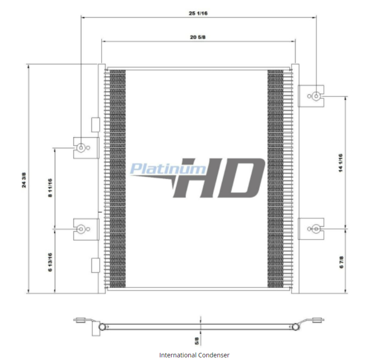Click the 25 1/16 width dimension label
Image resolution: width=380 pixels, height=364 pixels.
198,13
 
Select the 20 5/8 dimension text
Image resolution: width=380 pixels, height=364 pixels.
198,37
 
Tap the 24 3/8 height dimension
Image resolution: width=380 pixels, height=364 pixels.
24,180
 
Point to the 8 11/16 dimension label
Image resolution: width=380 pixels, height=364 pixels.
50,187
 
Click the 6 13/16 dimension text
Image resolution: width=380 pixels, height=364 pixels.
50,262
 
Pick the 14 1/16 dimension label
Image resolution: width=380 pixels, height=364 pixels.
341,163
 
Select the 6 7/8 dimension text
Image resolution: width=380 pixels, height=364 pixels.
342,262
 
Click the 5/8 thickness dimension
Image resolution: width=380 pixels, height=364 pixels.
197,341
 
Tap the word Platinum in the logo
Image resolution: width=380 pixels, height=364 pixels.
168,169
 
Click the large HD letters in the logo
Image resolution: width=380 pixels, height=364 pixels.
219,178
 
